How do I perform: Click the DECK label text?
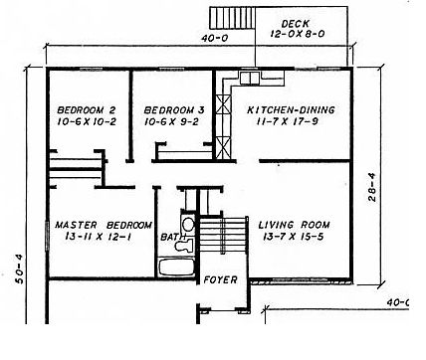point(295,24)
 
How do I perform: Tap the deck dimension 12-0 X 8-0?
point(298,34)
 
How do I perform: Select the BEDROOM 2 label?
point(87,109)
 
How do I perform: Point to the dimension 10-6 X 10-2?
point(87,121)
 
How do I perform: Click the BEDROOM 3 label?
point(174,109)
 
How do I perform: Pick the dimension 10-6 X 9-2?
point(171,121)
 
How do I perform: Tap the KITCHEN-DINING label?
point(291,109)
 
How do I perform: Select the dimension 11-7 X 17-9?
point(288,121)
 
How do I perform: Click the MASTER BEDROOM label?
point(104,225)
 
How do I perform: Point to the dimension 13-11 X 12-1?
point(99,237)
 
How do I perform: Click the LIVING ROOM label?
point(294,225)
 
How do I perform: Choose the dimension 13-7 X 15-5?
point(294,237)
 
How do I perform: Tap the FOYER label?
point(221,280)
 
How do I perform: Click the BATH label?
point(173,237)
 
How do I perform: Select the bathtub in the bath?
point(176,268)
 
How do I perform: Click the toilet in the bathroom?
point(184,246)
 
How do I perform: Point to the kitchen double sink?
point(250,78)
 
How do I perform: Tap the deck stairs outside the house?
point(232,18)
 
